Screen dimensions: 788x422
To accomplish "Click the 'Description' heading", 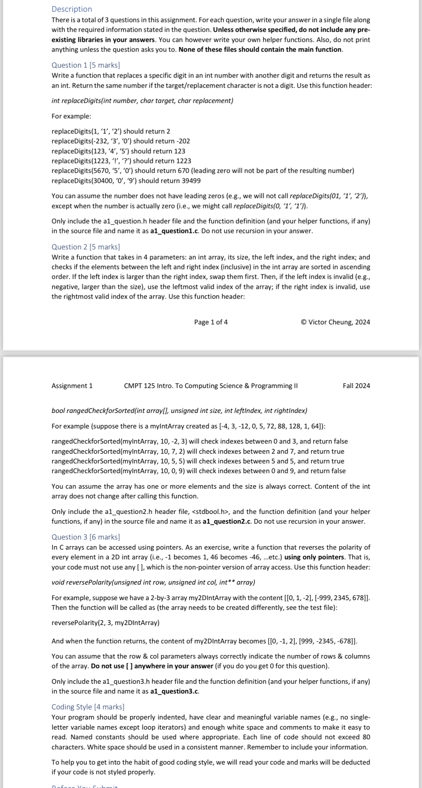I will [x=72, y=9].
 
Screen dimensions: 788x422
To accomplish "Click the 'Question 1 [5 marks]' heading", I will [x=85, y=65].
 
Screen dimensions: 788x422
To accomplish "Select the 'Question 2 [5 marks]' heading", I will [x=85, y=247].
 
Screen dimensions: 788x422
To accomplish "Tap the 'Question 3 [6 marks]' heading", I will [x=85, y=537].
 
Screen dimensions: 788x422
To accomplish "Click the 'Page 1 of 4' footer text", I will [x=211, y=322].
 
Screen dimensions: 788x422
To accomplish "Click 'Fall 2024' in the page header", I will [x=356, y=386].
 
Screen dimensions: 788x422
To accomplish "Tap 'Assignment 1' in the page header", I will [x=72, y=386].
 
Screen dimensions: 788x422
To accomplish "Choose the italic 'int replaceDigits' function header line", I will [x=142, y=101].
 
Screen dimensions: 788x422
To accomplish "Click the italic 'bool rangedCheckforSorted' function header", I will [x=179, y=410].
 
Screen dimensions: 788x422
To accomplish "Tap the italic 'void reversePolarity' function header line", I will [x=153, y=582].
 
